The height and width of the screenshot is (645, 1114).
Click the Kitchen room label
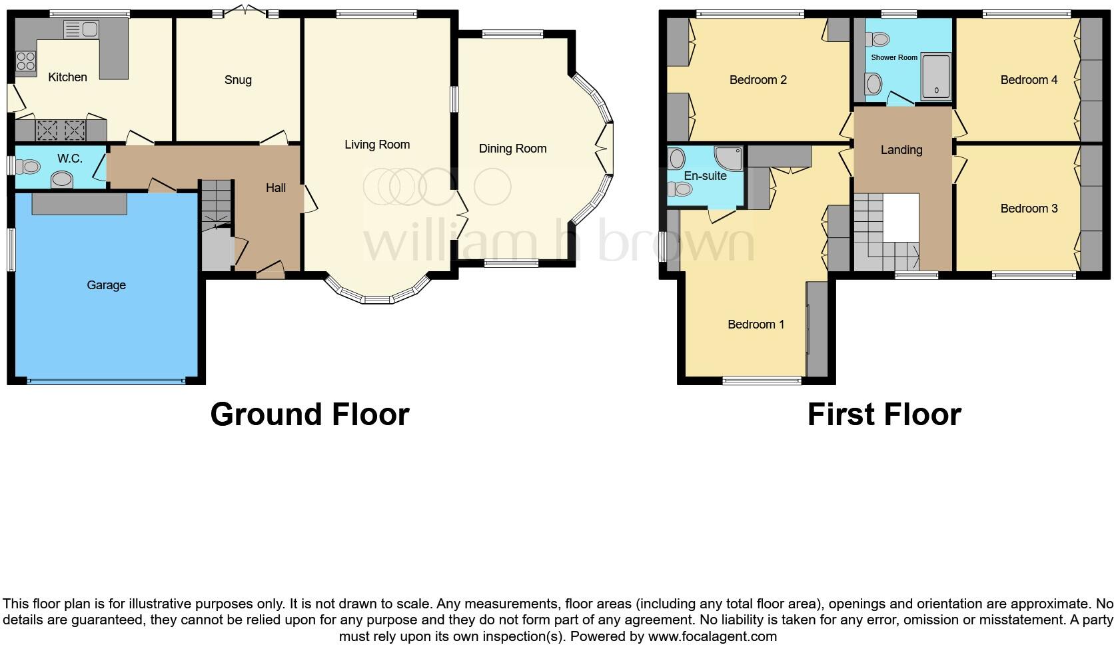tap(67, 77)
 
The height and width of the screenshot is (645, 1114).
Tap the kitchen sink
tap(81, 29)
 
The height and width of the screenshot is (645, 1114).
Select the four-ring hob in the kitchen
tap(26, 61)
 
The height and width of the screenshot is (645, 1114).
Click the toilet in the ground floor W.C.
tap(27, 165)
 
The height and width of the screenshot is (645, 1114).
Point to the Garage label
tap(106, 285)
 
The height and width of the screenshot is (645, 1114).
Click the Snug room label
tap(238, 80)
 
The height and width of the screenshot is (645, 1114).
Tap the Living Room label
tap(377, 145)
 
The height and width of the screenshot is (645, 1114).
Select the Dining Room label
tap(512, 149)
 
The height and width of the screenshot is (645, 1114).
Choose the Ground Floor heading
tap(309, 414)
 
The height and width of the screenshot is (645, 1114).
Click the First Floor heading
tap(884, 414)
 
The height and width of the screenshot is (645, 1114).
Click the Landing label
tap(901, 150)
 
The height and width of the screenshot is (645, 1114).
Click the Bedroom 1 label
tap(756, 324)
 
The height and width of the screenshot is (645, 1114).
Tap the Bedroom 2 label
tap(758, 80)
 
